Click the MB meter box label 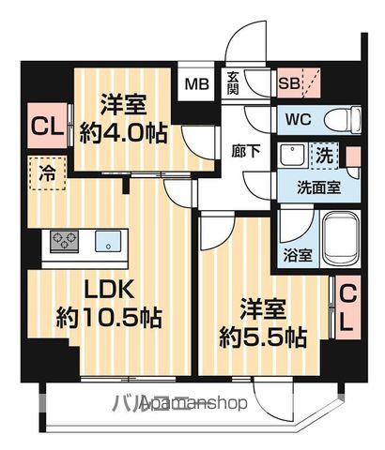pyautogui.click(x=197, y=82)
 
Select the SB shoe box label pyautogui.click(x=289, y=82)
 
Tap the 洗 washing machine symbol pyautogui.click(x=323, y=154)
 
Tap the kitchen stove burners pyautogui.click(x=66, y=242)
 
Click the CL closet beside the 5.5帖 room pyautogui.click(x=346, y=308)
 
